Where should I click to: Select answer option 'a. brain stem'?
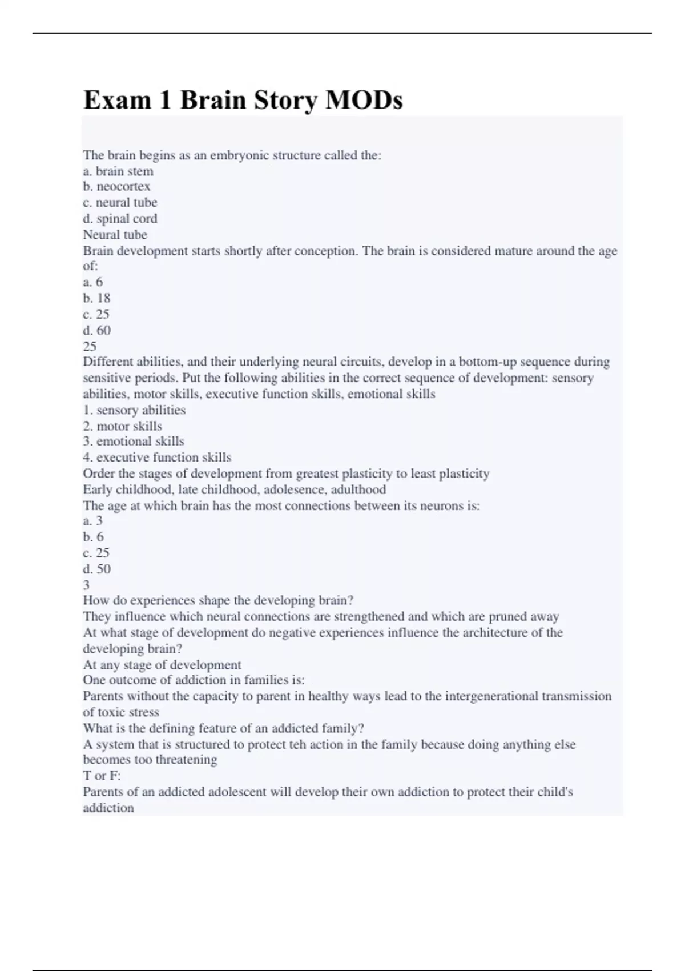118,171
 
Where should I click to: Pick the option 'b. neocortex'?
116,187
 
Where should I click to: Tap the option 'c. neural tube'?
120,203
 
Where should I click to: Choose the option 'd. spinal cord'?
120,219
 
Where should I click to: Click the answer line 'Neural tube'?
115,235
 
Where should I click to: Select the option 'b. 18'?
96,298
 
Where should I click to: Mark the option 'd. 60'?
96,330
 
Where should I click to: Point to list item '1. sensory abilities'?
134,410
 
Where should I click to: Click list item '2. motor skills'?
122,426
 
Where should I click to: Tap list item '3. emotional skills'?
134,442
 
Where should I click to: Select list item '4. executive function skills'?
157,458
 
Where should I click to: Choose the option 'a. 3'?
92,521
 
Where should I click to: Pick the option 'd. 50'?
96,569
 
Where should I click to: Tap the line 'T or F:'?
102,776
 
